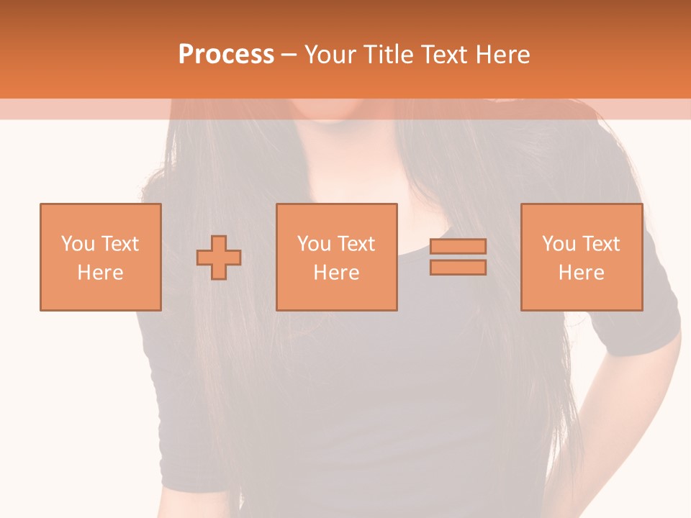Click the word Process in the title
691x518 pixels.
pyautogui.click(x=226, y=55)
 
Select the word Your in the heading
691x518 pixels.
pyautogui.click(x=332, y=55)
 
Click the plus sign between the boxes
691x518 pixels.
pyautogui.click(x=219, y=258)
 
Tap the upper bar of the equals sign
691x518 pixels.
pyautogui.click(x=458, y=246)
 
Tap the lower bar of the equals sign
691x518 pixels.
pyautogui.click(x=458, y=268)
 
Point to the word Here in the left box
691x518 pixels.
pyautogui.click(x=101, y=273)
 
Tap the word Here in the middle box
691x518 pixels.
pyautogui.click(x=337, y=273)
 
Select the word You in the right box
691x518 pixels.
pyautogui.click(x=559, y=244)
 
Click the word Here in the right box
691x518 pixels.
pyautogui.click(x=582, y=273)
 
